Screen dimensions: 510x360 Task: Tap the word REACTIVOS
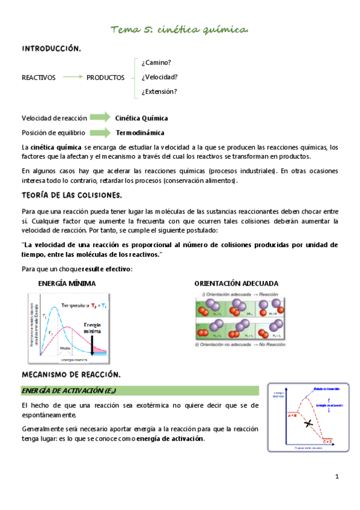pyautogui.click(x=38, y=78)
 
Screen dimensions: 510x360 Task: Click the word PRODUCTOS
pyautogui.click(x=106, y=78)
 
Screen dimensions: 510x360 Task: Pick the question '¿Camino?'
pyautogui.click(x=156, y=63)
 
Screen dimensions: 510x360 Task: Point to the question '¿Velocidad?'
pyautogui.click(x=159, y=77)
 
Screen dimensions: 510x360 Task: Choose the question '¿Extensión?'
pyautogui.click(x=159, y=92)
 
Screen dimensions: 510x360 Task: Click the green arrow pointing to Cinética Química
pyautogui.click(x=100, y=117)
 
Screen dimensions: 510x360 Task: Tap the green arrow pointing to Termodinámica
pyautogui.click(x=100, y=132)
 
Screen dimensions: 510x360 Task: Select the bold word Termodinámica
pyautogui.click(x=140, y=132)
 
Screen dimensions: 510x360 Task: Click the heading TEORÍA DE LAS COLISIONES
pyautogui.click(x=72, y=195)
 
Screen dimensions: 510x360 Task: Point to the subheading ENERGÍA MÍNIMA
pyautogui.click(x=67, y=283)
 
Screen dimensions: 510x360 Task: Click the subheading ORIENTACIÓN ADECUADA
pyautogui.click(x=236, y=283)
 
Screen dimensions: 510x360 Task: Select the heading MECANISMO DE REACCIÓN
pyautogui.click(x=71, y=375)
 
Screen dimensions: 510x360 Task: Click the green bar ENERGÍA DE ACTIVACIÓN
pyautogui.click(x=139, y=391)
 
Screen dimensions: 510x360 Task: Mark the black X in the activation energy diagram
pyautogui.click(x=308, y=424)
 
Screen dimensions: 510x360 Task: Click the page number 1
pyautogui.click(x=337, y=477)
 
